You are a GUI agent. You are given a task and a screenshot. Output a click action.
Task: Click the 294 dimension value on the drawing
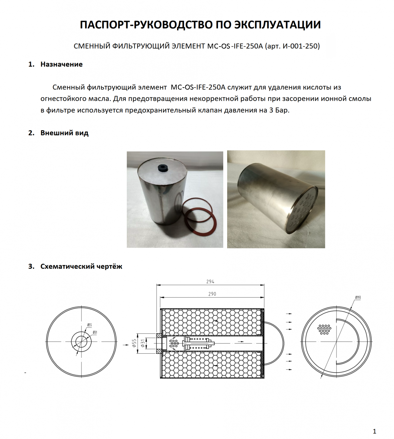[210, 282]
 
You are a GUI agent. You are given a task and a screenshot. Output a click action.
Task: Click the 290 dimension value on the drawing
[212, 294]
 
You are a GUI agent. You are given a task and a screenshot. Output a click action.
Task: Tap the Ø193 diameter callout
[358, 298]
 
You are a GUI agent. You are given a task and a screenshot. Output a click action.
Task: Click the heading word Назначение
[61, 64]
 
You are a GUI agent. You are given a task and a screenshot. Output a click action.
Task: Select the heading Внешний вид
[64, 133]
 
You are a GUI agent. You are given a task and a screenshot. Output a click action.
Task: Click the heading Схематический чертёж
[81, 266]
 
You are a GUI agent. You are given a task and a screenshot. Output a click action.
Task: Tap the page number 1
[374, 431]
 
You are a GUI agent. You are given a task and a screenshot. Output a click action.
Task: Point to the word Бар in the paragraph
[282, 110]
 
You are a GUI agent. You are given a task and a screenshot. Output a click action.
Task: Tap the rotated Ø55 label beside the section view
[134, 344]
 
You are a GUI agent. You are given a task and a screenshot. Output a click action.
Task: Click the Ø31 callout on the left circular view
[95, 332]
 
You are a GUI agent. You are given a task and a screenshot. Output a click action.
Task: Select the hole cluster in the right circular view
[324, 329]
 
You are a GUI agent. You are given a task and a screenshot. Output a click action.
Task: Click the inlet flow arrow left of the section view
[126, 345]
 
